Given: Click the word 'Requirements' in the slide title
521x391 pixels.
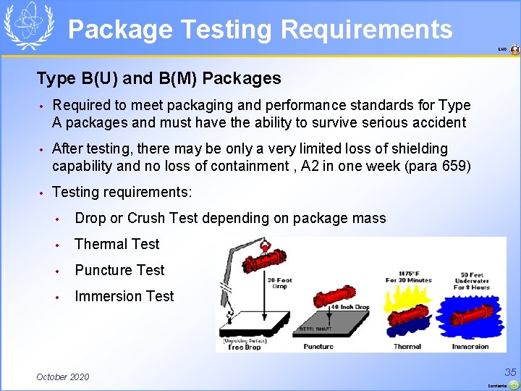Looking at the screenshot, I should (x=366, y=30).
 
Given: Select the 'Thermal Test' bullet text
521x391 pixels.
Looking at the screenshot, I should (x=117, y=244).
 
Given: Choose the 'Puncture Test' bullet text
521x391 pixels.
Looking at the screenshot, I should (x=119, y=270).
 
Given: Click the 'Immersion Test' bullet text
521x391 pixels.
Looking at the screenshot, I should (x=124, y=296).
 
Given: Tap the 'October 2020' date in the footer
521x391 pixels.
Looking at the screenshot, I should (x=63, y=377).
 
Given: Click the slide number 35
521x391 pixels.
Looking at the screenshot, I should (x=511, y=371).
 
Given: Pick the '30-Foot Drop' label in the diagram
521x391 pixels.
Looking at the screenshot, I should (x=280, y=284).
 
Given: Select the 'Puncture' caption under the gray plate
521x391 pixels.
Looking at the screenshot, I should (x=318, y=347).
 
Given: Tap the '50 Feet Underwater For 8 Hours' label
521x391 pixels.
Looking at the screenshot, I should (x=472, y=281).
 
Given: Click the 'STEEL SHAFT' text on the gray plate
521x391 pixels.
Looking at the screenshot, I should (x=316, y=329).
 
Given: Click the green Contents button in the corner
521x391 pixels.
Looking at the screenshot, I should (x=512, y=384).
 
